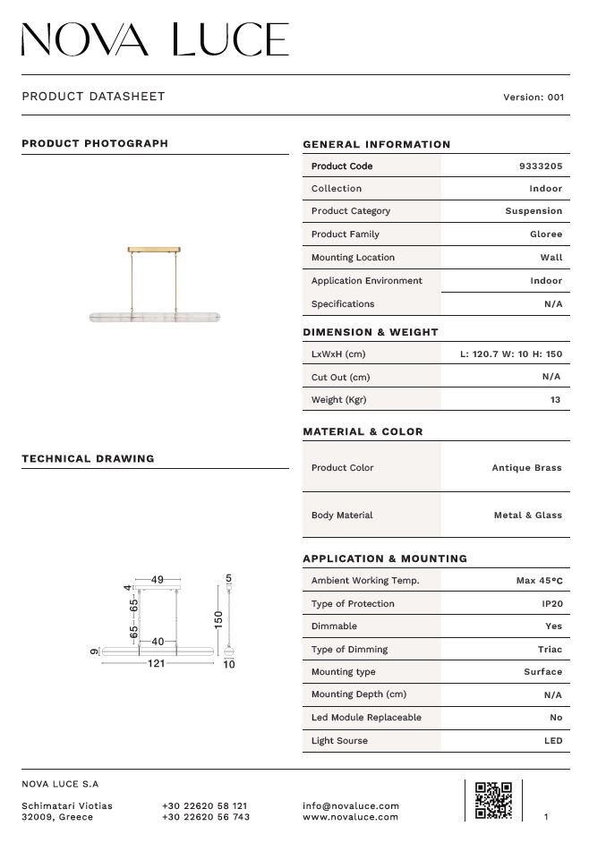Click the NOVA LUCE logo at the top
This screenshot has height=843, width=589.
(155, 39)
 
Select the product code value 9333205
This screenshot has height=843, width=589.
(541, 166)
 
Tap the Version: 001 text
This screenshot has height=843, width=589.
(534, 98)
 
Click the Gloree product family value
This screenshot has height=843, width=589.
(546, 234)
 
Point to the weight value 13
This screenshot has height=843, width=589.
(556, 400)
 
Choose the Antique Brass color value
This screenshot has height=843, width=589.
(526, 468)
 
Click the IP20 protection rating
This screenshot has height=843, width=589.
(552, 604)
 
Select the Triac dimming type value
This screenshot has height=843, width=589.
(551, 650)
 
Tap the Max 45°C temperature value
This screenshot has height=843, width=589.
(539, 581)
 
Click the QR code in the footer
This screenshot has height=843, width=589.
(493, 799)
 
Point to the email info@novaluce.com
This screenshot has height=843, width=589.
(351, 806)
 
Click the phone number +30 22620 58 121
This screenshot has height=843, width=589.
(205, 806)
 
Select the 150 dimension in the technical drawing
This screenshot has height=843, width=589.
(218, 619)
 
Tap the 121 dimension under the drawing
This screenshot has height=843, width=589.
(156, 665)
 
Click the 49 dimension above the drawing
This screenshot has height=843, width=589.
(158, 580)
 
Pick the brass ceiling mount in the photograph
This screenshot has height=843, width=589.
(155, 250)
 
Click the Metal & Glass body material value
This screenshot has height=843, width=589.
(527, 515)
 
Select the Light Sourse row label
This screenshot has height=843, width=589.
(339, 741)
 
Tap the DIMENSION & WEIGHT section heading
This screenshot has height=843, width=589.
(371, 332)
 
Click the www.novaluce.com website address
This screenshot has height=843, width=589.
(350, 817)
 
